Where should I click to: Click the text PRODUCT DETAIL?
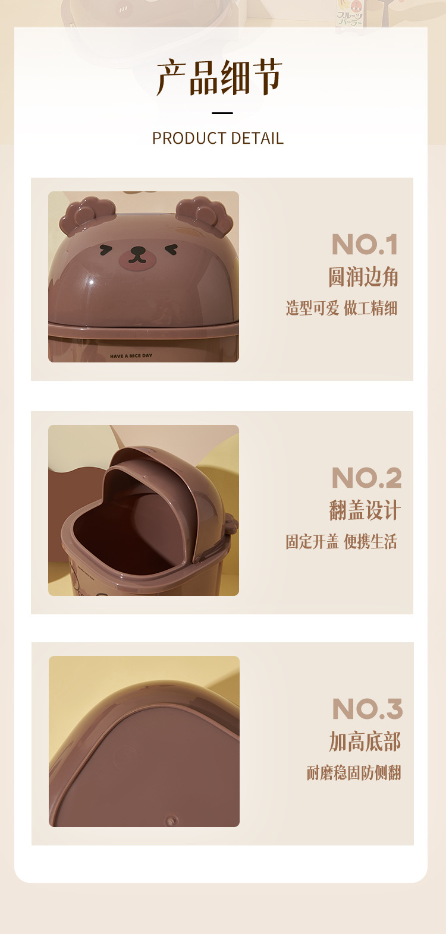pyautogui.click(x=218, y=138)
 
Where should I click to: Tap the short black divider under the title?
pyautogui.click(x=222, y=113)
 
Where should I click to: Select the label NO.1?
pyautogui.click(x=365, y=245)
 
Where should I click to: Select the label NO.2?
pyautogui.click(x=366, y=478)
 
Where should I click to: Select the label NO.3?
pyautogui.click(x=368, y=709)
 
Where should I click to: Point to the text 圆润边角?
pyautogui.click(x=363, y=277)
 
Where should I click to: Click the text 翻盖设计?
pyautogui.click(x=365, y=510)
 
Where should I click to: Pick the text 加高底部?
pyautogui.click(x=365, y=741)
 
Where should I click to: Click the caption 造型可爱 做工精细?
pyautogui.click(x=341, y=308)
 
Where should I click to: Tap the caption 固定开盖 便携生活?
pyautogui.click(x=341, y=542)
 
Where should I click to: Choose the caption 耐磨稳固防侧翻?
pyautogui.click(x=354, y=773)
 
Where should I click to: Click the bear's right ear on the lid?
pyautogui.click(x=205, y=215)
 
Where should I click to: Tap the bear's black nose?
pyautogui.click(x=137, y=251)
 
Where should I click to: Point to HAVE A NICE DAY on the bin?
pyautogui.click(x=131, y=356)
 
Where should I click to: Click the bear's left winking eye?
pyautogui.click(x=106, y=250)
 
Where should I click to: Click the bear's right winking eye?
pyautogui.click(x=171, y=250)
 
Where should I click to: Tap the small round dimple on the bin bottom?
pyautogui.click(x=171, y=821)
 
